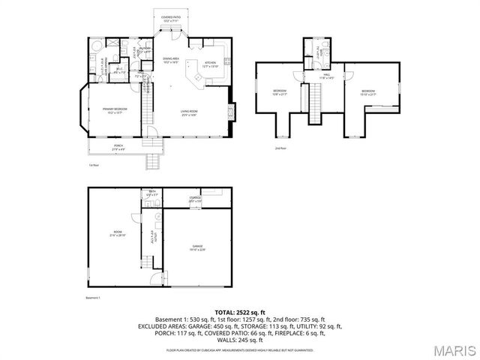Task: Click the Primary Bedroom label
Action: [x=112, y=111]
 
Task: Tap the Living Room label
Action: [x=188, y=113]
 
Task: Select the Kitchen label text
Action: [x=211, y=64]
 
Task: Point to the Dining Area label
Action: [x=171, y=59]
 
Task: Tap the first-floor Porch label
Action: [x=118, y=146]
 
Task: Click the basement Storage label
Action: [x=195, y=199]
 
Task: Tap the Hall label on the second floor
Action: [x=327, y=76]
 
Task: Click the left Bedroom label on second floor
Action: [x=279, y=92]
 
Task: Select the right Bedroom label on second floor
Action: [x=367, y=93]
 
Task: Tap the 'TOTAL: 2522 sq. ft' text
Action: [x=240, y=312]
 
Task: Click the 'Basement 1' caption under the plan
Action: [x=94, y=297]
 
